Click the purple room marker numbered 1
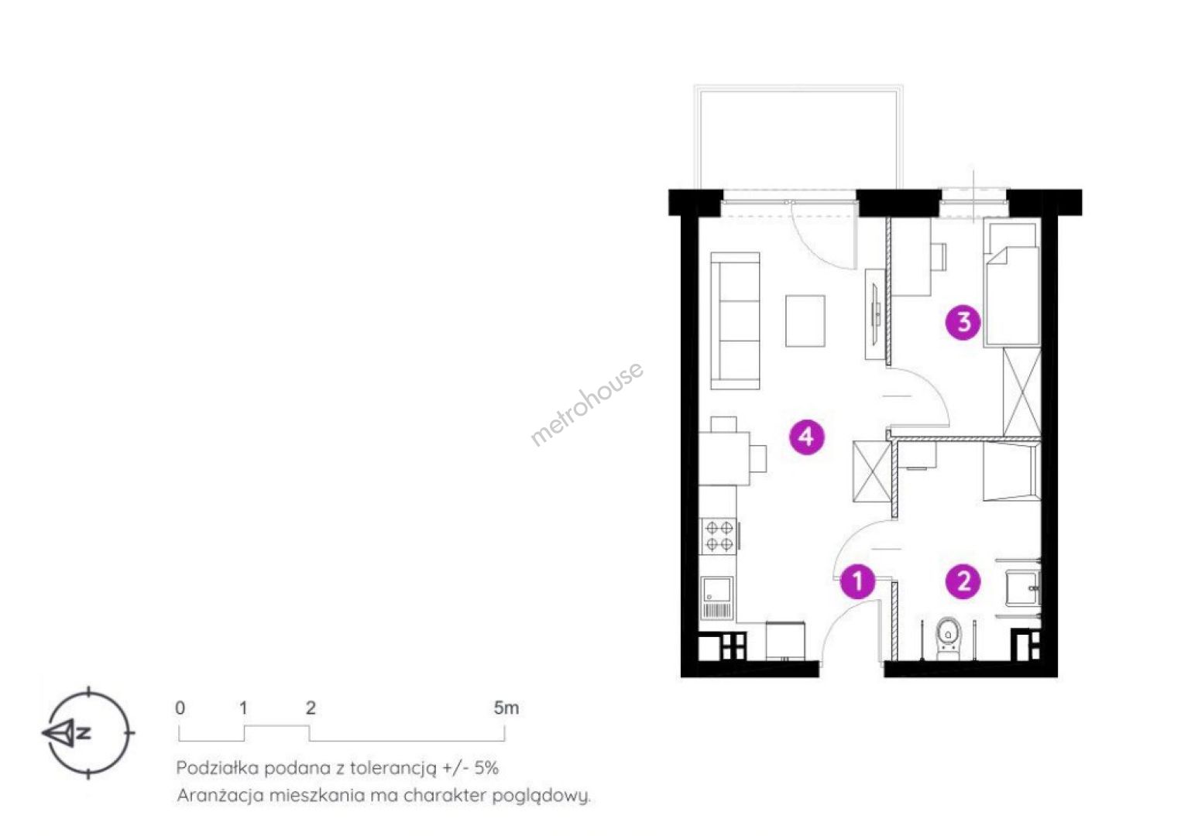[x=857, y=581]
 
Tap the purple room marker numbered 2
[x=963, y=581]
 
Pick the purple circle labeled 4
[x=807, y=437]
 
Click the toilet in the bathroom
[x=948, y=638]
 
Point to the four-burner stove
[x=719, y=536]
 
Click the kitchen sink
[x=717, y=598]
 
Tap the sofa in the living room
[x=735, y=320]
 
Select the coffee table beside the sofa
[x=805, y=321]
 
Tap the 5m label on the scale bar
[x=506, y=708]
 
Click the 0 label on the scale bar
[x=180, y=708]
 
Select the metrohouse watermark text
[x=586, y=403]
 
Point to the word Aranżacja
[x=220, y=796]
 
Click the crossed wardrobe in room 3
[x=1021, y=392]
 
